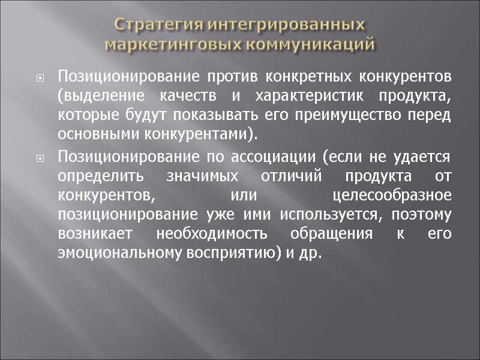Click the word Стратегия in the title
point(154,25)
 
